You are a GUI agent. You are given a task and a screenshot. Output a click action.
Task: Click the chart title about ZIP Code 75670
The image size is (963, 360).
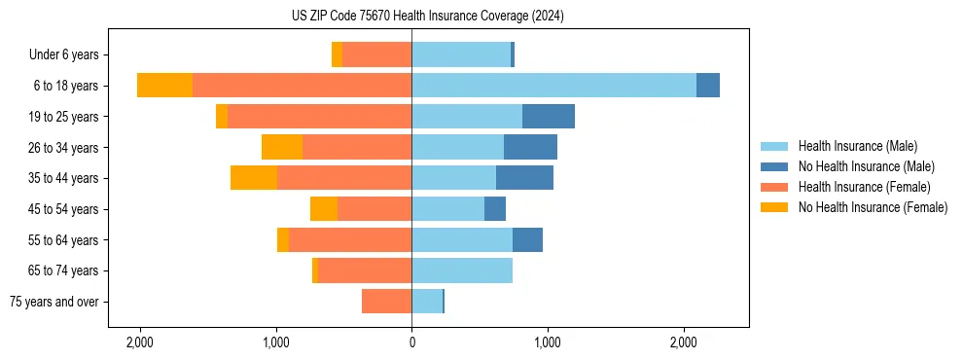pyautogui.click(x=427, y=17)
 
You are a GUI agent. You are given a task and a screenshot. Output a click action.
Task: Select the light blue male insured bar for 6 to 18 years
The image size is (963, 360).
pyautogui.click(x=553, y=86)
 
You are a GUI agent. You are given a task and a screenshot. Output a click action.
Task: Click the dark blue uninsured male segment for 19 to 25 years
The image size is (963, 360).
pyautogui.click(x=549, y=117)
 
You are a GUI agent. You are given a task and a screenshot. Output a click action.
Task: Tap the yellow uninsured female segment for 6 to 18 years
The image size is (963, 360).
pyautogui.click(x=165, y=86)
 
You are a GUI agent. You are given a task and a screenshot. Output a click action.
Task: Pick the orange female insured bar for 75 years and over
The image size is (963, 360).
pyautogui.click(x=386, y=302)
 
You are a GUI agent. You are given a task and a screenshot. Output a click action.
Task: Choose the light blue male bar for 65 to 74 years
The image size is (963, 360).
pyautogui.click(x=462, y=270)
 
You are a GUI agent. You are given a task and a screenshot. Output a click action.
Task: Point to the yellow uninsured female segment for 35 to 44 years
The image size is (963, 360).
pyautogui.click(x=254, y=178)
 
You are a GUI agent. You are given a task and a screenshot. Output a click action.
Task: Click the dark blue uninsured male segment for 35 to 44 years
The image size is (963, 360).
pyautogui.click(x=524, y=178)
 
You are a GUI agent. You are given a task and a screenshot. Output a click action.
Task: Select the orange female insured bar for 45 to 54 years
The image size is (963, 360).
pyautogui.click(x=374, y=209)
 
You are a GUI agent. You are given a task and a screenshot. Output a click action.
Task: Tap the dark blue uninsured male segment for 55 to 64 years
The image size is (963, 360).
pyautogui.click(x=527, y=240)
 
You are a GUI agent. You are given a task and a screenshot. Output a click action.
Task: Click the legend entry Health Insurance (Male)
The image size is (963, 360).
pyautogui.click(x=857, y=146)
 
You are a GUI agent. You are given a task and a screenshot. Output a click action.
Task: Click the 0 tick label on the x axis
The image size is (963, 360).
pyautogui.click(x=411, y=342)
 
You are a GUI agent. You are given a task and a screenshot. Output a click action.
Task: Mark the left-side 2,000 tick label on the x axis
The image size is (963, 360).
pyautogui.click(x=140, y=342)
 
